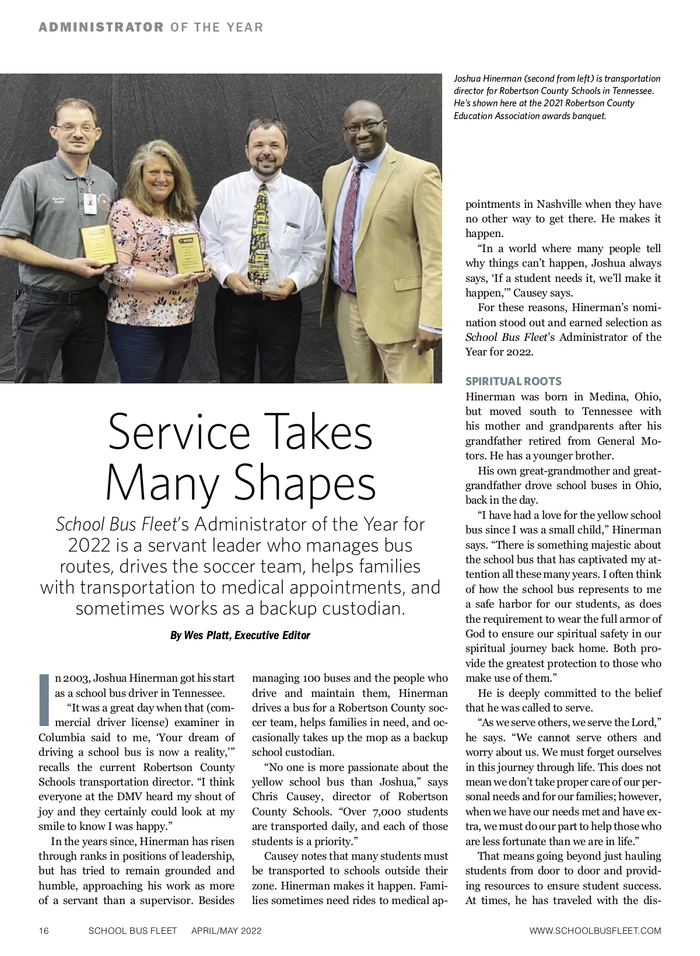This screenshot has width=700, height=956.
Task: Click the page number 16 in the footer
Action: coord(44,930)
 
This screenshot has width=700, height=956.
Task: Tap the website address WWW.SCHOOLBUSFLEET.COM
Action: coord(595,930)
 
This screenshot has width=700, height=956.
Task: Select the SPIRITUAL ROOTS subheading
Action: coord(513,382)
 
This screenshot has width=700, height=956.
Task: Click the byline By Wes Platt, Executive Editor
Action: coord(240,635)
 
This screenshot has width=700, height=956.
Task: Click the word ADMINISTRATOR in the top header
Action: coord(101,27)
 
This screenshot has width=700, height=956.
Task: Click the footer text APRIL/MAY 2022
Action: coord(226,930)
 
